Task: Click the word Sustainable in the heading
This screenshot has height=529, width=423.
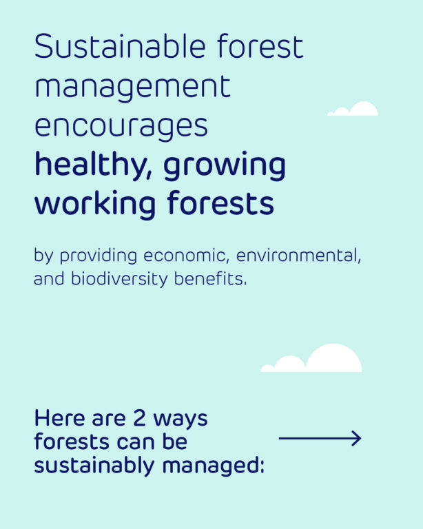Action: (x=120, y=46)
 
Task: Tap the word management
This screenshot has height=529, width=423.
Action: (x=132, y=87)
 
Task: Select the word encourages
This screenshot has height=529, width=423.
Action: (x=121, y=127)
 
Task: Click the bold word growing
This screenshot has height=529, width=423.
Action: (x=225, y=167)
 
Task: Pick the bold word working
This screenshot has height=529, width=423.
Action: (x=95, y=204)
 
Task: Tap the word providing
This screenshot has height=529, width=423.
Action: (x=99, y=256)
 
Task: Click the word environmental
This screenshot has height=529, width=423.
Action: (x=298, y=256)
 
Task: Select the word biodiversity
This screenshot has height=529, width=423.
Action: (x=119, y=280)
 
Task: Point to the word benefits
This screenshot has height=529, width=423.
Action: (x=211, y=279)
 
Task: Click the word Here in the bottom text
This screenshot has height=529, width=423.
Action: (x=60, y=418)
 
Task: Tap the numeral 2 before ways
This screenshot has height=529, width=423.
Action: (x=139, y=418)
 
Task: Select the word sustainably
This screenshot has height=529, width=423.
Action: (x=94, y=466)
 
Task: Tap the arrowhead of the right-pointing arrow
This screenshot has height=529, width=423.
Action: (x=360, y=438)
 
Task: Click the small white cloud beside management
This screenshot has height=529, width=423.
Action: (x=353, y=109)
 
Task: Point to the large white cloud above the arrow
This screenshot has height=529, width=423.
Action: (x=311, y=358)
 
